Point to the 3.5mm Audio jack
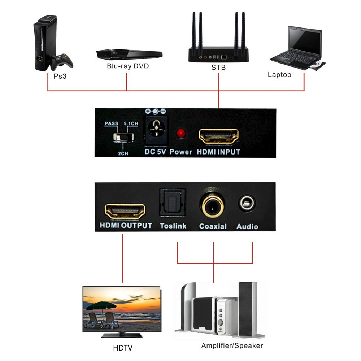click(247, 204)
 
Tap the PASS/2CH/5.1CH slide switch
click(123, 138)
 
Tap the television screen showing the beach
click(121, 309)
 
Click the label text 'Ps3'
click(60, 77)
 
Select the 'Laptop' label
click(279, 75)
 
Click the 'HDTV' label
click(123, 348)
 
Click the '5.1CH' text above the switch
click(130, 124)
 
